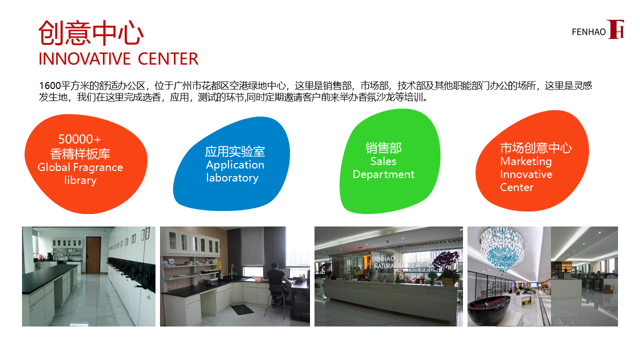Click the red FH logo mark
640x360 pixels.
[615, 29]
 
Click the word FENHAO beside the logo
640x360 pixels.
[588, 32]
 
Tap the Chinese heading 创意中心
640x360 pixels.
[91, 32]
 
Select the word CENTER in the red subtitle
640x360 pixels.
[168, 59]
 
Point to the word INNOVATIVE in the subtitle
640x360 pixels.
[84, 59]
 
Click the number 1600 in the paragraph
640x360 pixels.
[50, 85]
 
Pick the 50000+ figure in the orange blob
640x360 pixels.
[79, 139]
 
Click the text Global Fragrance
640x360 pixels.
[80, 167]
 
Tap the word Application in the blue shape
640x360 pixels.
[235, 165]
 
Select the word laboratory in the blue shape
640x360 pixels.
[232, 178]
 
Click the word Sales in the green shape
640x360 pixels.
[383, 161]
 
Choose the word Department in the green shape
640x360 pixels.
[383, 174]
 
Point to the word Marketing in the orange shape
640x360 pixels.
[525, 161]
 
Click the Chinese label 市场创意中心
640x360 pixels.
[535, 147]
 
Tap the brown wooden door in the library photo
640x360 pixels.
[93, 255]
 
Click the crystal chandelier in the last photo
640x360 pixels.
[502, 248]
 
